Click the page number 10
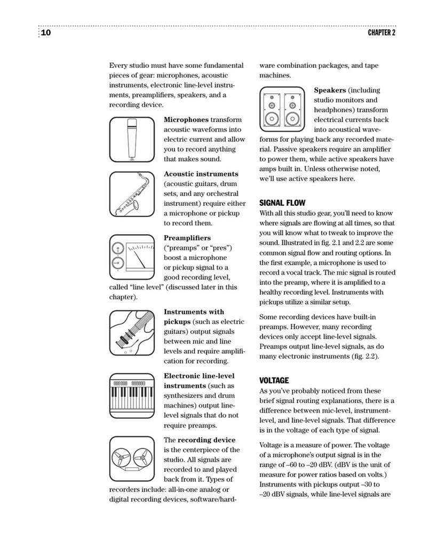click(45, 33)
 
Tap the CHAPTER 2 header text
click(382, 33)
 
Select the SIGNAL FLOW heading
click(282, 203)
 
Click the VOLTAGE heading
click(274, 380)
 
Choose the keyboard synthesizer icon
click(131, 395)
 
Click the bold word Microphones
click(186, 119)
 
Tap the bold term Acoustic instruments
click(201, 174)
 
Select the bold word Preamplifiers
click(187, 238)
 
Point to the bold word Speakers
click(330, 90)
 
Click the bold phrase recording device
click(206, 440)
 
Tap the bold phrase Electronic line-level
click(198, 376)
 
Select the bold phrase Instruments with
click(194, 312)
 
